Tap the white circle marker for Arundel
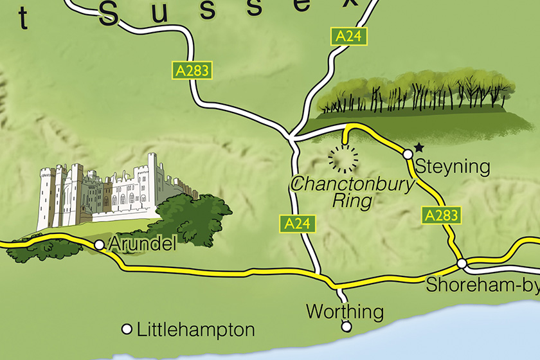pyautogui.click(x=99, y=244)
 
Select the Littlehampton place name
pyautogui.click(x=196, y=330)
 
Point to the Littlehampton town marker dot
pyautogui.click(x=127, y=329)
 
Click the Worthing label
pyautogui.click(x=345, y=312)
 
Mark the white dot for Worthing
pyautogui.click(x=346, y=327)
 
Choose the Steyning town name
pyautogui.click(x=453, y=167)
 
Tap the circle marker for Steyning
pyautogui.click(x=408, y=154)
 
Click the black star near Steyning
pyautogui.click(x=420, y=147)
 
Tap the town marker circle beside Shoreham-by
pyautogui.click(x=462, y=264)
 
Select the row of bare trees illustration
pyautogui.click(x=418, y=96)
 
